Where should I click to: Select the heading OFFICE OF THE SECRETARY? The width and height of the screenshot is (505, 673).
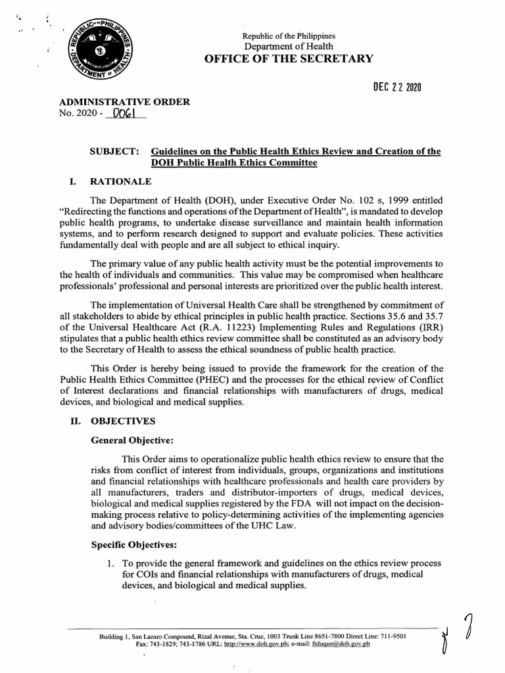click(289, 58)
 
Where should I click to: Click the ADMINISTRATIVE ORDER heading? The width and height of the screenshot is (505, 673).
click(124, 101)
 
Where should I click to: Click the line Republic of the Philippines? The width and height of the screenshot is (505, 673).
click(289, 35)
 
